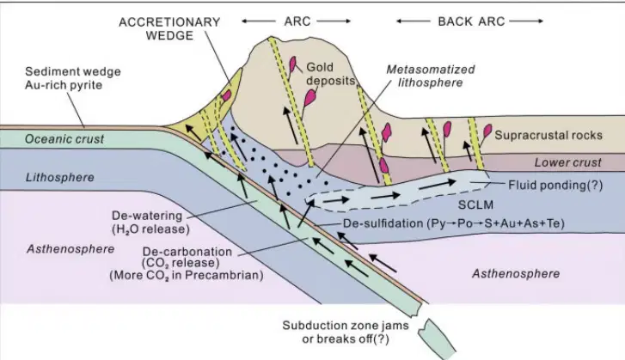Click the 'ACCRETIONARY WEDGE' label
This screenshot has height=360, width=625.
169,28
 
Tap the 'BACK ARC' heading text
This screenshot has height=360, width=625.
471,21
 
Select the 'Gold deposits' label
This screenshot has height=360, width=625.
330,74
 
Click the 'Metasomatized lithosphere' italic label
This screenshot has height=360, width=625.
431,76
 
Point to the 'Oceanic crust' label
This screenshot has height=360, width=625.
64,139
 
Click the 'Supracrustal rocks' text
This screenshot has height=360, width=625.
548,135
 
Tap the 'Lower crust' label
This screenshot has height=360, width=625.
567,162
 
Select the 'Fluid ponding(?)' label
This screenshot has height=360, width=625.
555,186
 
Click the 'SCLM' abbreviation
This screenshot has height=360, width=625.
475,204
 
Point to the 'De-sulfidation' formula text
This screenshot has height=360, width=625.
454,223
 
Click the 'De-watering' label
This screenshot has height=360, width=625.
147,216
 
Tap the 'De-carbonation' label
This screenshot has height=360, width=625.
187,252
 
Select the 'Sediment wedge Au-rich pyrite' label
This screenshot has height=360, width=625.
73,78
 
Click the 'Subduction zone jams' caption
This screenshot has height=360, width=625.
346,326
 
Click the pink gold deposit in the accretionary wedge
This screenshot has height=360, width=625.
226,95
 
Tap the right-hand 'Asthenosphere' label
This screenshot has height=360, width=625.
516,273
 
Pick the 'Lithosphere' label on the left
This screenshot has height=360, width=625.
60,177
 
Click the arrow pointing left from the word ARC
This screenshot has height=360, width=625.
259,21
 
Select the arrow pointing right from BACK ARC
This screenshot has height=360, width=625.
526,21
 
